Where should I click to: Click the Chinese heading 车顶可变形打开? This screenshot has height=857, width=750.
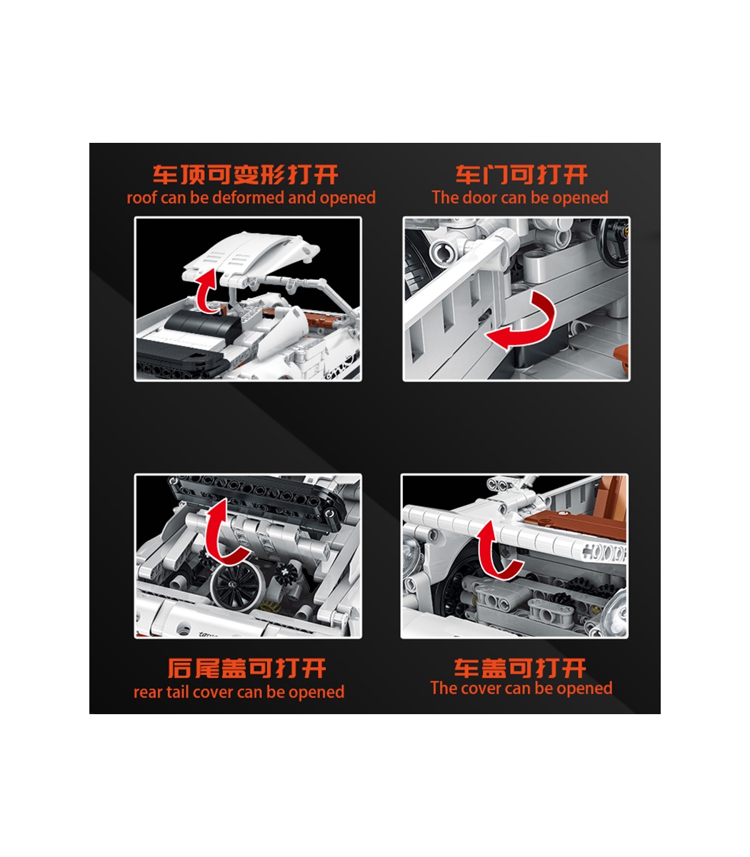click(x=245, y=175)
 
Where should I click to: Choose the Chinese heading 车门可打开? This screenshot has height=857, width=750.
click(x=521, y=175)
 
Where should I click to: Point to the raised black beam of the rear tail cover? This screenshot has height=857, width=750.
click(x=258, y=498)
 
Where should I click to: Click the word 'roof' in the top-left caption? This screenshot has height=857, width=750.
click(x=141, y=198)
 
